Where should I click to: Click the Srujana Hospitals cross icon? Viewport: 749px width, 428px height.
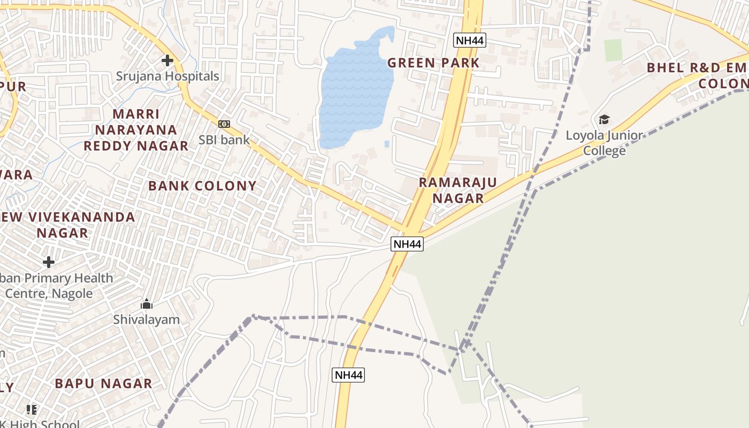pos(167,60)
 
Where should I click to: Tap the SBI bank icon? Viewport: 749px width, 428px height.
pos(224,124)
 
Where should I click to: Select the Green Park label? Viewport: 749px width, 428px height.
pos(433,63)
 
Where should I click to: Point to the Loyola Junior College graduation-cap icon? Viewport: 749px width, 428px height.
pos(604,119)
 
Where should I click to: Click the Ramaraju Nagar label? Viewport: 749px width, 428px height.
pos(457,190)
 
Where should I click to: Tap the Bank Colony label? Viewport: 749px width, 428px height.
pos(202,186)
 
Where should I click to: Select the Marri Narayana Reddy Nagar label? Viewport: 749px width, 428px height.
pos(136,129)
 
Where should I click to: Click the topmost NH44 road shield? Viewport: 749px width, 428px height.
pos(470,40)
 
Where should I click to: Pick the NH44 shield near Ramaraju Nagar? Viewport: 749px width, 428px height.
pos(407,244)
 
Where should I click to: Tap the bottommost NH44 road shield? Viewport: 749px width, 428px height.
pos(348,375)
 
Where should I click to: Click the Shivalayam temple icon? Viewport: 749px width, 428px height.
pos(147,304)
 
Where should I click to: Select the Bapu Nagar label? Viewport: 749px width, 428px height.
pos(103,384)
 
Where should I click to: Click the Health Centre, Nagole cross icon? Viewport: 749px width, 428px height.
pos(49,262)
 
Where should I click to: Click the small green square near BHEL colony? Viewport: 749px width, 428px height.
pos(614,50)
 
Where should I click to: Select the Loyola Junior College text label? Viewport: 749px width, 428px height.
pos(605,143)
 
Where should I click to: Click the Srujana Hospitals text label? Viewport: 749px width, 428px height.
pos(167,76)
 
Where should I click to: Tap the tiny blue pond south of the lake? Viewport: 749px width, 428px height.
pos(386,143)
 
